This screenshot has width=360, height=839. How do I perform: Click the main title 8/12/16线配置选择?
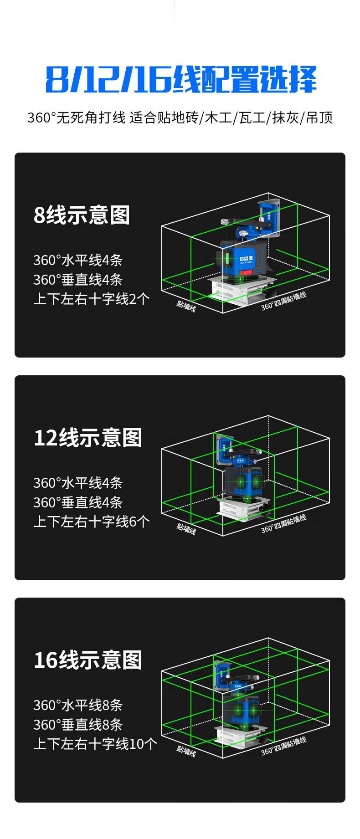181,79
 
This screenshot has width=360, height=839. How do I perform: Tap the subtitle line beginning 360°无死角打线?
180,118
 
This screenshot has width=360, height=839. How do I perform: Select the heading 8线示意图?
82,215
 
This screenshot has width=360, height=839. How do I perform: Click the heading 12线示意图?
88,438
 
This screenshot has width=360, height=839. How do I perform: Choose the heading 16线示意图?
88,660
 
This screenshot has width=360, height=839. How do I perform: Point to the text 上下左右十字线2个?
92,299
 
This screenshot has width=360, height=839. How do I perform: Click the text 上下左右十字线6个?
92,522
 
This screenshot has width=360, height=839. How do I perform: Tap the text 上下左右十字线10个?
95,744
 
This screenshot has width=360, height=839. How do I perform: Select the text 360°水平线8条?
78,706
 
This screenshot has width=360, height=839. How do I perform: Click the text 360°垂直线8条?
78,725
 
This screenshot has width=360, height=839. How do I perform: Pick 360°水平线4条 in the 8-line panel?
78,261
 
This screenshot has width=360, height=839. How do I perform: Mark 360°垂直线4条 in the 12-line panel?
78,502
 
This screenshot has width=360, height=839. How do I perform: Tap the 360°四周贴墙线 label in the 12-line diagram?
283,524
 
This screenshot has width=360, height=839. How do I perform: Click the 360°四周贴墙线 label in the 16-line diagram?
283,747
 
